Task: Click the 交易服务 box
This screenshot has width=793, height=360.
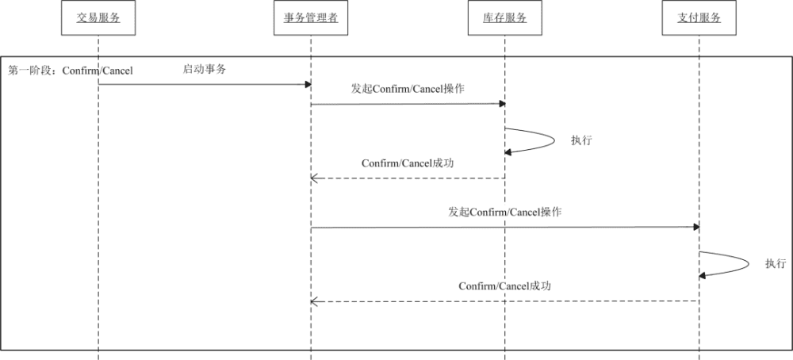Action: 98,18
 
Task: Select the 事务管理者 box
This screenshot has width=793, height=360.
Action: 311,18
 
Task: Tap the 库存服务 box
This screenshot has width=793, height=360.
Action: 504,18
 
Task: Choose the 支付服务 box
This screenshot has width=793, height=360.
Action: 699,18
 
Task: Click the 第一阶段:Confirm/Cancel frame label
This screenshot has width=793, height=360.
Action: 71,71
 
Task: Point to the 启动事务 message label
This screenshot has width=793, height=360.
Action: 205,69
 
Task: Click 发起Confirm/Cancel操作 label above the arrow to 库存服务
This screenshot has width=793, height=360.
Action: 408,89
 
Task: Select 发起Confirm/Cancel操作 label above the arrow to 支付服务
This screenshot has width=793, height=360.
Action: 505,213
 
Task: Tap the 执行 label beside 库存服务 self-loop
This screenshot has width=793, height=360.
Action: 581,140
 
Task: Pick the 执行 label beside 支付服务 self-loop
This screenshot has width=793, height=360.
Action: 776,264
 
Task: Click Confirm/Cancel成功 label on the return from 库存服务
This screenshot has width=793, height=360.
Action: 408,163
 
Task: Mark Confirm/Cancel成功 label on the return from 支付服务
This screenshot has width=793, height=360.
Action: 504,286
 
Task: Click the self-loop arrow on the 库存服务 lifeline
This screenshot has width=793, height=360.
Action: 547,140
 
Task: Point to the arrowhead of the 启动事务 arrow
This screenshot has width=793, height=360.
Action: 307,84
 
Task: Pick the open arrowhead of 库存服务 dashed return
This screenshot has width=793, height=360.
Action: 314,178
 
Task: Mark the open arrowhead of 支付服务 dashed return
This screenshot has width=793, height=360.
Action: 314,301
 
